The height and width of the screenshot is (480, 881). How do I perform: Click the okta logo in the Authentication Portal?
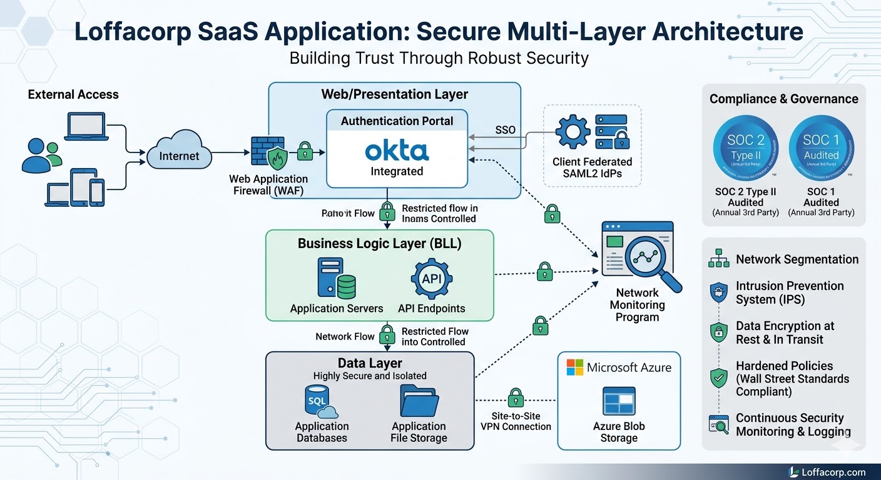point(397,151)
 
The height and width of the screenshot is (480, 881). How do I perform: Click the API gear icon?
point(432,279)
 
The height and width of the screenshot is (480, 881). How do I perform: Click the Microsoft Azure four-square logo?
point(574,367)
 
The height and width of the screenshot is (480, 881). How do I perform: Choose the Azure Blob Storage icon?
point(619,401)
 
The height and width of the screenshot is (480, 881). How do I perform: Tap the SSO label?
point(505,130)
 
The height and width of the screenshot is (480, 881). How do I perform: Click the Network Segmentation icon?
point(718,259)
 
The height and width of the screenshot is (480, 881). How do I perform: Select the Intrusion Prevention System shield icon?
point(718,292)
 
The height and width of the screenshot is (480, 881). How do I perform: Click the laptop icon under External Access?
point(88,126)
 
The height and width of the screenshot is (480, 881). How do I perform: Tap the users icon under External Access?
point(41,156)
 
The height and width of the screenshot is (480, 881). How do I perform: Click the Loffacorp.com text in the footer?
point(833,472)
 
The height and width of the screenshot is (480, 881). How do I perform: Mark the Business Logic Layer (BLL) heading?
point(379,243)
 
